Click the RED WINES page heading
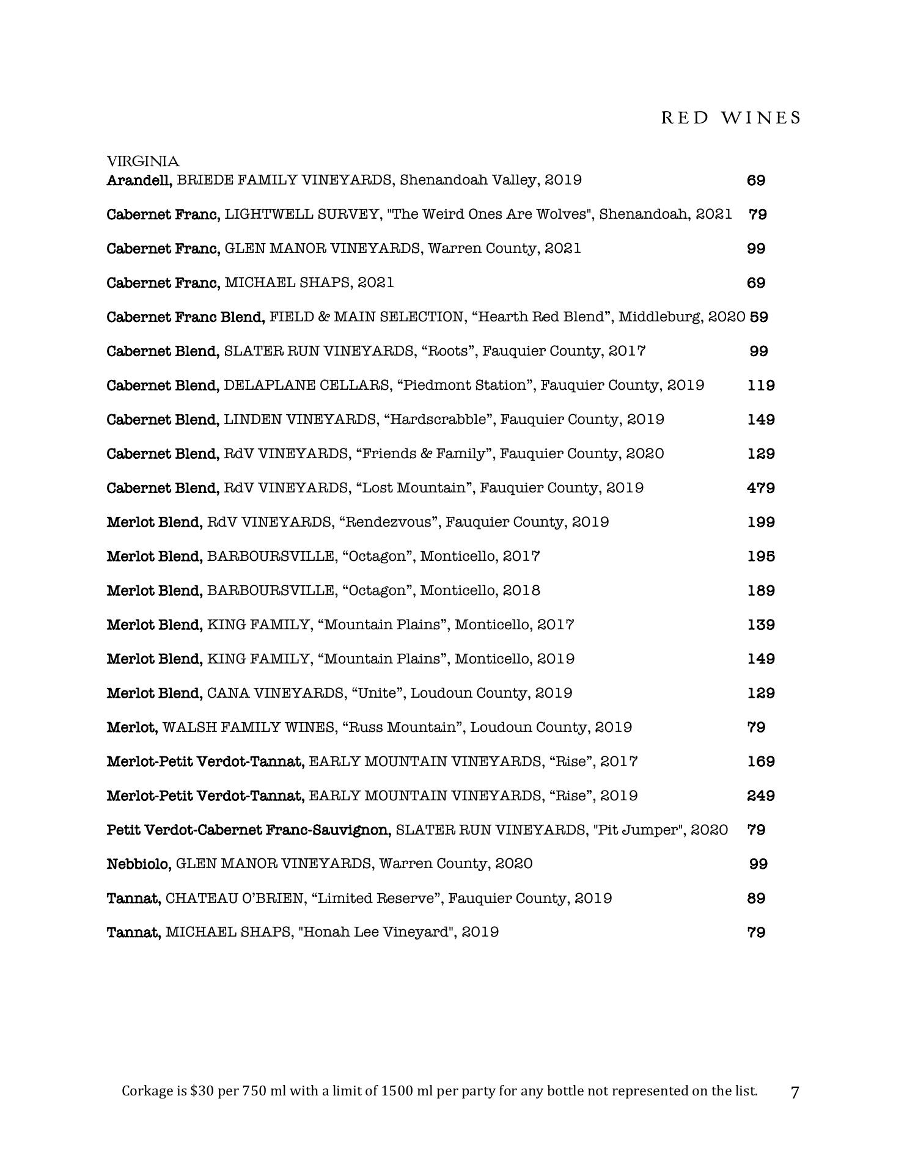click(x=730, y=117)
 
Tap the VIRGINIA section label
click(x=143, y=161)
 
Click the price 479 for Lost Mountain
click(x=761, y=488)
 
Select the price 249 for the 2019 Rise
click(x=761, y=796)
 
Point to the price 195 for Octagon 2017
click(x=761, y=557)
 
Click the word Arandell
click(x=139, y=180)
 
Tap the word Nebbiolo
click(x=139, y=864)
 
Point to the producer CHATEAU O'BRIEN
click(x=234, y=899)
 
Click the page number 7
click(x=795, y=1092)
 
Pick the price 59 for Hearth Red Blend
click(x=758, y=317)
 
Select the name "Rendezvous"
click(x=390, y=522)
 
